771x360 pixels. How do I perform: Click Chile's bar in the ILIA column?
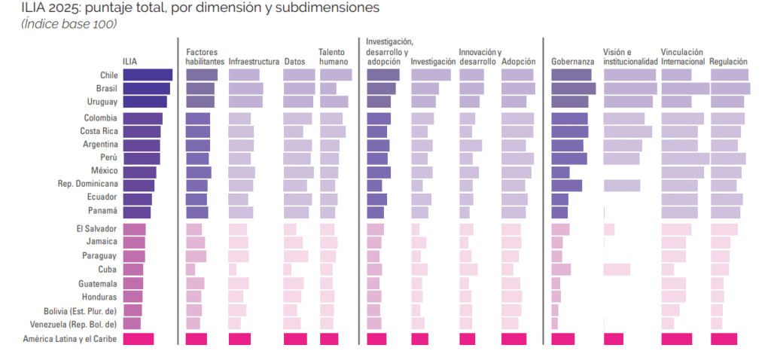(x=148, y=75)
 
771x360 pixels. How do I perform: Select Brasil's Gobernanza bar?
(x=573, y=88)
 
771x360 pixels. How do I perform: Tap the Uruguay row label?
(x=102, y=102)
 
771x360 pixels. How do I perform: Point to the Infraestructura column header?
(x=254, y=62)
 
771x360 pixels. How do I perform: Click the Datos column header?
(x=294, y=62)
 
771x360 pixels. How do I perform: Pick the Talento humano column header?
(x=332, y=56)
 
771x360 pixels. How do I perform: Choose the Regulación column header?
(x=728, y=62)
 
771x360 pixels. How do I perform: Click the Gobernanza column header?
(x=573, y=62)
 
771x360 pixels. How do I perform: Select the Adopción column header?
(x=518, y=62)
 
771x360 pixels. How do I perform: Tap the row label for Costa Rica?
(x=98, y=131)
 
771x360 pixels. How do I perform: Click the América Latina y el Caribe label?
(x=71, y=339)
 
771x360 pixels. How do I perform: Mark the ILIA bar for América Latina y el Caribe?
(x=138, y=339)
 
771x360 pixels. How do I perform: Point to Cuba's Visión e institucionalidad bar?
(x=617, y=270)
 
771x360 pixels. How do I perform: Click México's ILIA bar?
(x=139, y=172)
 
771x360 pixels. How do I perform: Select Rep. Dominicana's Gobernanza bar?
(x=566, y=185)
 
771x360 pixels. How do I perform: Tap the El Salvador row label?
(x=96, y=229)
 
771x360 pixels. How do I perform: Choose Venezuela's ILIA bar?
(x=132, y=324)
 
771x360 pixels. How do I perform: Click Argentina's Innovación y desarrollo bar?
(x=471, y=145)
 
